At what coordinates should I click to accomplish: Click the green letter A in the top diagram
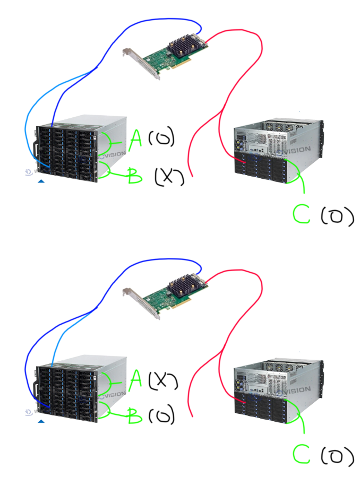tap(136, 140)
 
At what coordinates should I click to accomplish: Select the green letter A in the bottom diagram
tap(136, 380)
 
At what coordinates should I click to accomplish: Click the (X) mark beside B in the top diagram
tap(168, 177)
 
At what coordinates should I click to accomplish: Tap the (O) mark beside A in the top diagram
tap(161, 139)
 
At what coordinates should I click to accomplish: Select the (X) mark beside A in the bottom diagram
tap(162, 380)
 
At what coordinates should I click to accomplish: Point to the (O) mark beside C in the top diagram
tap(337, 216)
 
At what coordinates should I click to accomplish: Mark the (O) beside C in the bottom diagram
tap(337, 456)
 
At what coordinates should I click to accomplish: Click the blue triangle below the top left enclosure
tap(41, 181)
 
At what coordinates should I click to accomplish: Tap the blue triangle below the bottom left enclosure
tap(41, 421)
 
